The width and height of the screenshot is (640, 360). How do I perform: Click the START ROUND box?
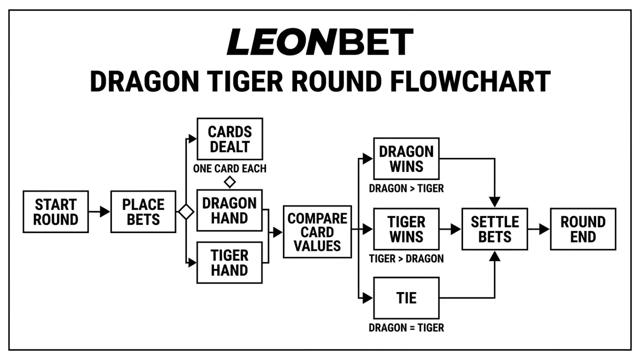[x=55, y=211]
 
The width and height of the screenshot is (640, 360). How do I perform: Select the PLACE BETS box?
[x=143, y=211]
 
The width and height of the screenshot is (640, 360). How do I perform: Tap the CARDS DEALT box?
[x=229, y=139]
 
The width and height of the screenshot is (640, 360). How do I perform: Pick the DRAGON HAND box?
[x=229, y=210]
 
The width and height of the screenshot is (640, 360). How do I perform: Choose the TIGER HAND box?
[x=229, y=262]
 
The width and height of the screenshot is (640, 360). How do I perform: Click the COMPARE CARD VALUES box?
[x=317, y=231]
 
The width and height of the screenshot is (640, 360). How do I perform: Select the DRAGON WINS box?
[x=406, y=158]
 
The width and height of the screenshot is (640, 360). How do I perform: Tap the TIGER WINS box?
[x=406, y=229]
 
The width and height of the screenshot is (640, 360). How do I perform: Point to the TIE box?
[x=406, y=298]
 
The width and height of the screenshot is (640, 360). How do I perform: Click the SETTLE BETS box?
[x=495, y=229]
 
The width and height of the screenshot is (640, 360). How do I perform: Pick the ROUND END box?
[x=583, y=229]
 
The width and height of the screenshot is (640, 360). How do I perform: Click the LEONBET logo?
[x=320, y=41]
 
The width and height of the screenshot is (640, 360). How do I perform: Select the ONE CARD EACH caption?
[x=229, y=168]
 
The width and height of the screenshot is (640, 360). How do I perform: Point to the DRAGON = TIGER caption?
[x=406, y=327]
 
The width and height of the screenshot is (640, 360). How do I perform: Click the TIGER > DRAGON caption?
[x=406, y=258]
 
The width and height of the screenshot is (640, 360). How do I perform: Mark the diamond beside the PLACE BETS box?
[x=186, y=211]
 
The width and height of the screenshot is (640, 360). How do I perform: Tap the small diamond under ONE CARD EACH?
[x=229, y=182]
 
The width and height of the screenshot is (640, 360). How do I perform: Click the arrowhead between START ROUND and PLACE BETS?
[x=105, y=211]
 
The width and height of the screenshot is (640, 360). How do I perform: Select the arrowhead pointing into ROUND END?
[x=544, y=229]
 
